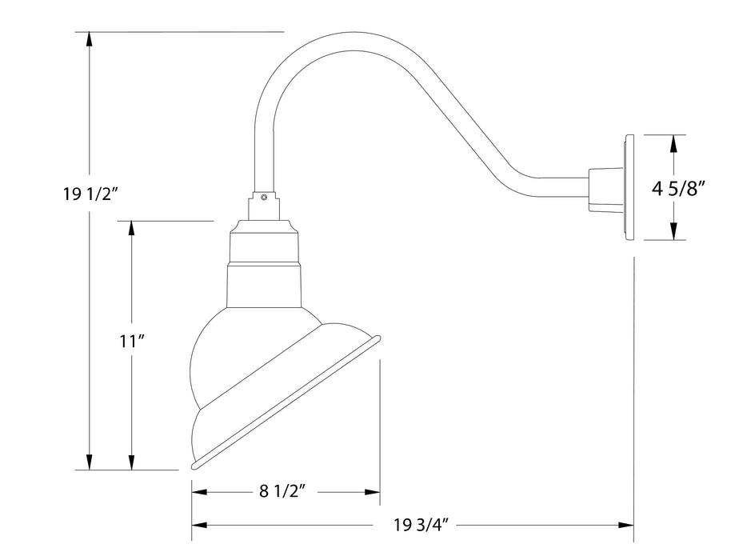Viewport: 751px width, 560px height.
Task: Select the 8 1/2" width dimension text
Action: point(284,492)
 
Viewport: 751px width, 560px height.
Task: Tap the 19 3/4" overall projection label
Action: point(421,526)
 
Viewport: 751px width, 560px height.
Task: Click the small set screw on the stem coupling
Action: point(264,196)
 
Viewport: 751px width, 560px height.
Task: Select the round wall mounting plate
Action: point(630,187)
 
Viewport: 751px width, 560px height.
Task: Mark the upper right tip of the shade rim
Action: point(377,338)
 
